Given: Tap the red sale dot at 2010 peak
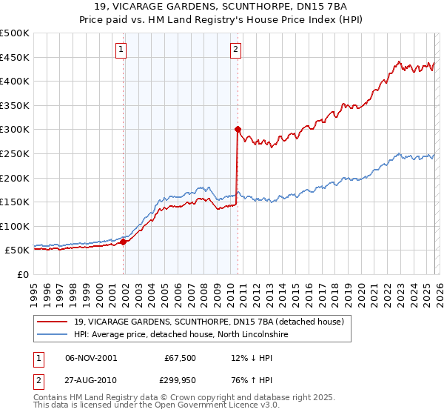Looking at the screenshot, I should tap(238, 129).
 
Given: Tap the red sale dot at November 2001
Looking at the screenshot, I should tap(123, 242).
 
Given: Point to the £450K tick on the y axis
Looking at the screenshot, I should tap(15, 57).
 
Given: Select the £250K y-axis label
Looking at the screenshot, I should tap(15, 153).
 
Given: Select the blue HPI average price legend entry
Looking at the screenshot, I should tap(178, 335).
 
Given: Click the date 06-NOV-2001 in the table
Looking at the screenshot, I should tap(91, 358).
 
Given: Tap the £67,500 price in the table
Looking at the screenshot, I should tap(178, 358).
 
